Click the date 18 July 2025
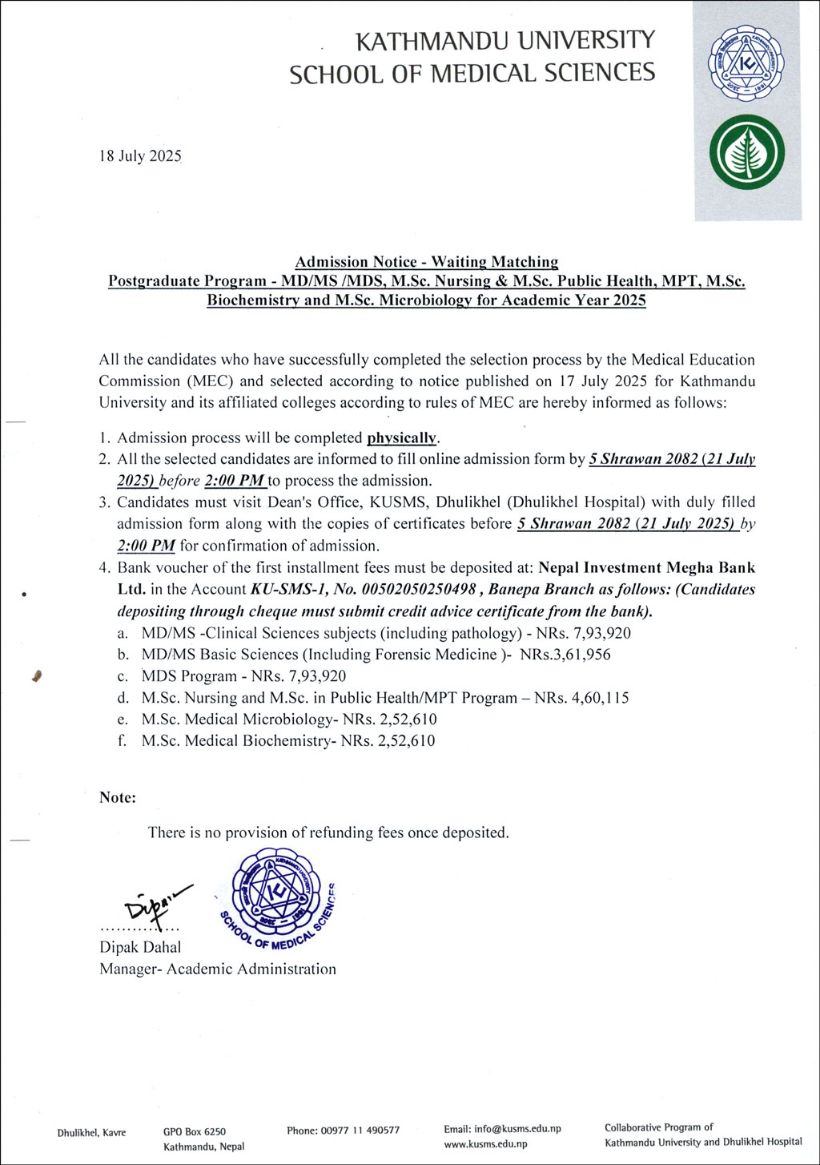(x=140, y=156)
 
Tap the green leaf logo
(x=746, y=152)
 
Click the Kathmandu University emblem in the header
(x=746, y=63)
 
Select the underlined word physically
(x=402, y=438)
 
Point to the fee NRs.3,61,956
(x=565, y=655)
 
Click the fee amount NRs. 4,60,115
(x=581, y=698)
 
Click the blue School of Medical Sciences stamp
(x=276, y=897)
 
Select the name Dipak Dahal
(x=140, y=947)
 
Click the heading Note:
(x=118, y=797)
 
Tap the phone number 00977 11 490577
(x=360, y=1131)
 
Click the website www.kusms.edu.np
(x=485, y=1144)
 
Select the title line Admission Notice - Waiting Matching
(x=426, y=262)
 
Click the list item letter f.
(x=122, y=741)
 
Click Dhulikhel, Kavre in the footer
(x=91, y=1133)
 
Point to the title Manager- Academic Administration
(x=218, y=969)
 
